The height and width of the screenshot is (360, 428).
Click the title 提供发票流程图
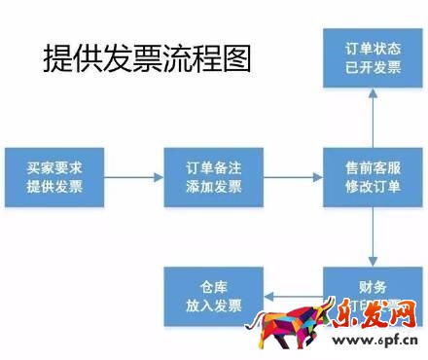147,59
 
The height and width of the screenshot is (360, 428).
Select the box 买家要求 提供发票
54,176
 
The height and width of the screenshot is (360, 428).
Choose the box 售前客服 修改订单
374,176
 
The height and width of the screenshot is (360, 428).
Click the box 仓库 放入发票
213,296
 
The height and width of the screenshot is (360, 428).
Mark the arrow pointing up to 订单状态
374,121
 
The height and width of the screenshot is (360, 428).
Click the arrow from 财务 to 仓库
292,296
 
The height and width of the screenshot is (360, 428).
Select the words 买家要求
54,167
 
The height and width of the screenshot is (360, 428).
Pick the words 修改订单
374,187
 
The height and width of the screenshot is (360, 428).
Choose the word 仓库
213,286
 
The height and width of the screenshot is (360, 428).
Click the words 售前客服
374,167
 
